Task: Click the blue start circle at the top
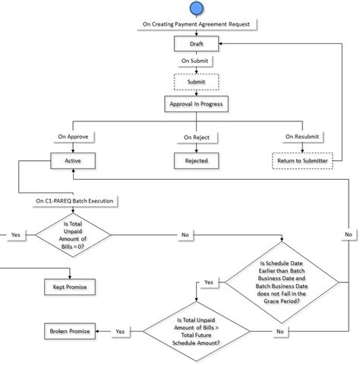pyautogui.click(x=196, y=8)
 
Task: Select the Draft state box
pyautogui.click(x=196, y=44)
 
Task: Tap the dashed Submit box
pyautogui.click(x=196, y=80)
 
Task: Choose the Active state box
pyautogui.click(x=73, y=161)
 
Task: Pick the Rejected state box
pyautogui.click(x=196, y=161)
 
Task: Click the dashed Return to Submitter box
pyautogui.click(x=302, y=161)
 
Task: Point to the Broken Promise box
pyautogui.click(x=69, y=332)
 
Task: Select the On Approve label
pyautogui.click(x=73, y=137)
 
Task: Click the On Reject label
pyautogui.click(x=196, y=137)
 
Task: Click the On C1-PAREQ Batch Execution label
pyautogui.click(x=74, y=201)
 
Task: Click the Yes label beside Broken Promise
pyautogui.click(x=120, y=332)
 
